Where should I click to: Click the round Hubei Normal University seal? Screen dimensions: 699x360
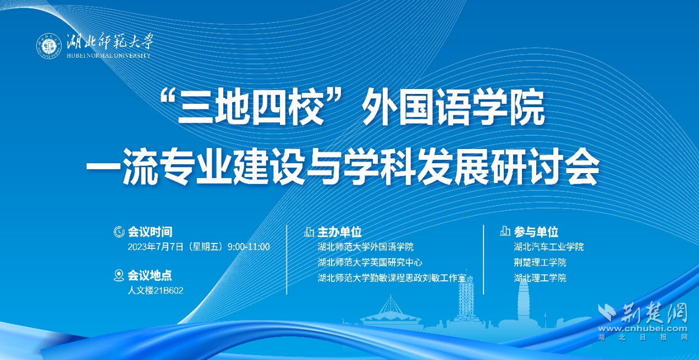[x=49, y=46]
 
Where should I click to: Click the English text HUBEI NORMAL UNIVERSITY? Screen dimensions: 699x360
[x=108, y=56]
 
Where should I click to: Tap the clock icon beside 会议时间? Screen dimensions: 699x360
[x=119, y=232]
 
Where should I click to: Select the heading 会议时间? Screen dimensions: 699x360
[x=150, y=232]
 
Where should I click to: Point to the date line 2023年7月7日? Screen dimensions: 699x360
[x=199, y=247]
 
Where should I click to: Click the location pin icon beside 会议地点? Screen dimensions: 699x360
[x=119, y=275]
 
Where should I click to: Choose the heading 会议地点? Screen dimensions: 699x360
[x=150, y=275]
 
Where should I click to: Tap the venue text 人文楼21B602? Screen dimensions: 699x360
[x=156, y=290]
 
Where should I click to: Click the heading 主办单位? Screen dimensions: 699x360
[x=339, y=232]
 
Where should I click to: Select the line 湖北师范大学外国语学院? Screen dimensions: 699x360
[x=366, y=247]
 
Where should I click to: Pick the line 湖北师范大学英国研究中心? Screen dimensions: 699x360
[x=370, y=262]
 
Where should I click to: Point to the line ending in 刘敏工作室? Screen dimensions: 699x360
[x=392, y=278]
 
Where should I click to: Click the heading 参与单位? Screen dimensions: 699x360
[x=536, y=232]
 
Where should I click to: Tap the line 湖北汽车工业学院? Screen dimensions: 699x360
[x=549, y=247]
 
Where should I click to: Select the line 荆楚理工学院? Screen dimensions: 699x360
[x=540, y=262]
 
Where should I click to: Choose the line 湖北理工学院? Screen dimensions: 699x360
[x=540, y=278]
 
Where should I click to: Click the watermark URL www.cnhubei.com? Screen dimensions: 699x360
[x=642, y=329]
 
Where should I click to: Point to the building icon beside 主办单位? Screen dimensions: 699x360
[x=309, y=232]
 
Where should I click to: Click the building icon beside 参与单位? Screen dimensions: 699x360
[x=505, y=231]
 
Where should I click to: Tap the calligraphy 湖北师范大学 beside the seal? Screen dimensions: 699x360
[x=110, y=41]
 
